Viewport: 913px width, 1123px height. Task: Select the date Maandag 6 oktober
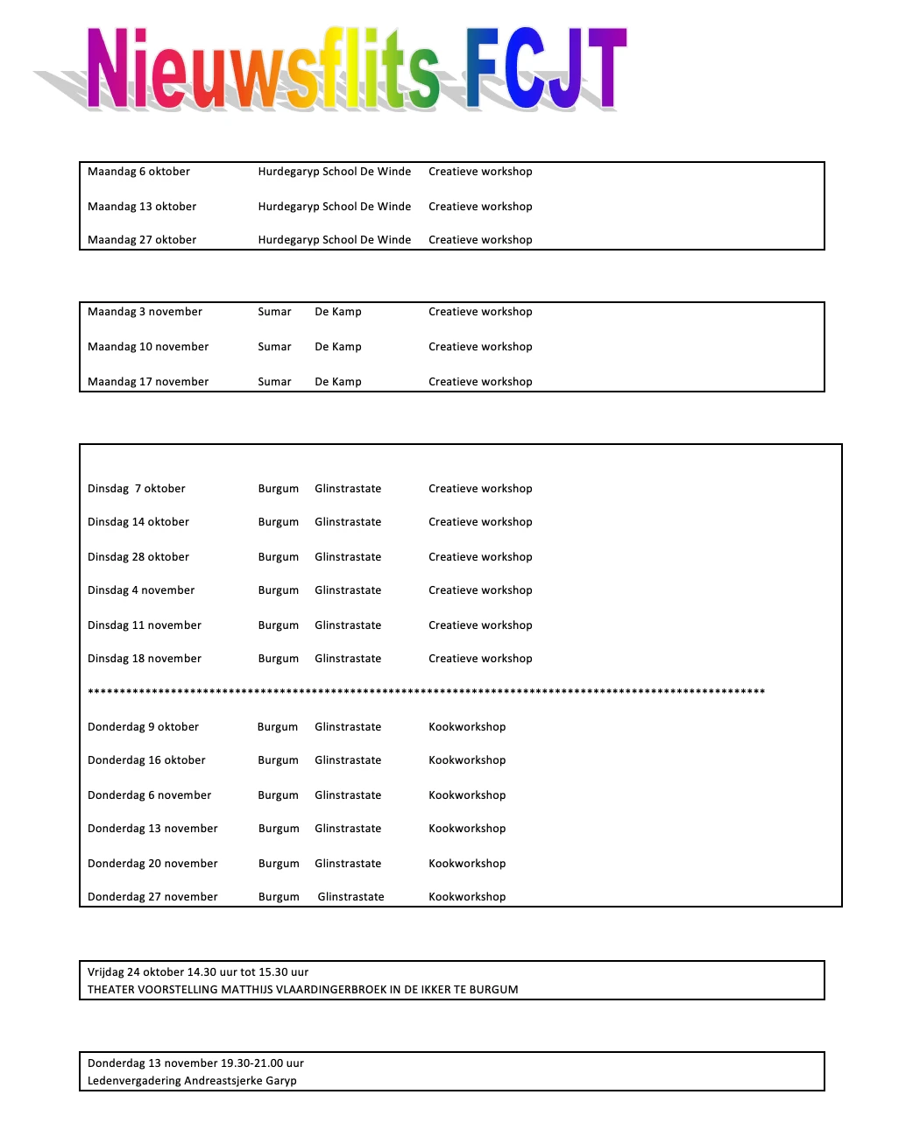(x=138, y=172)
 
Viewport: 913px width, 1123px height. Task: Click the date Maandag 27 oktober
(x=142, y=240)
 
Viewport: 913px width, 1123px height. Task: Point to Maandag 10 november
(x=148, y=347)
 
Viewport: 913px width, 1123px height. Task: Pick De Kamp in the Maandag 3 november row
(x=338, y=312)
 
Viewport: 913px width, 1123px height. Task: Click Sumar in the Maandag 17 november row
(x=274, y=382)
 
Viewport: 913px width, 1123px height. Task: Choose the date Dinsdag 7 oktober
(x=137, y=489)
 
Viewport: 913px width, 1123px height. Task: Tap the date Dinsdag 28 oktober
(x=138, y=557)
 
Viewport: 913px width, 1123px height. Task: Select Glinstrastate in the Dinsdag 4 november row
(x=348, y=590)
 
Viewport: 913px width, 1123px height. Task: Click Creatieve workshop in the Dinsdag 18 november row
(x=480, y=659)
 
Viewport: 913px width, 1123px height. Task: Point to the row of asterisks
(x=426, y=692)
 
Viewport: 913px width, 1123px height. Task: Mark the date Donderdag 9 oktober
(x=143, y=727)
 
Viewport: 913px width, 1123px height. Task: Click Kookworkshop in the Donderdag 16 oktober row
(x=467, y=760)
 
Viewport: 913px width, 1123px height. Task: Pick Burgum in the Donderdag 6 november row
(x=279, y=795)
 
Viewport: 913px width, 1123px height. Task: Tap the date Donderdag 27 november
(x=152, y=897)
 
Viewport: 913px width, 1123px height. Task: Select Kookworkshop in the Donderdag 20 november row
(x=467, y=864)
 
